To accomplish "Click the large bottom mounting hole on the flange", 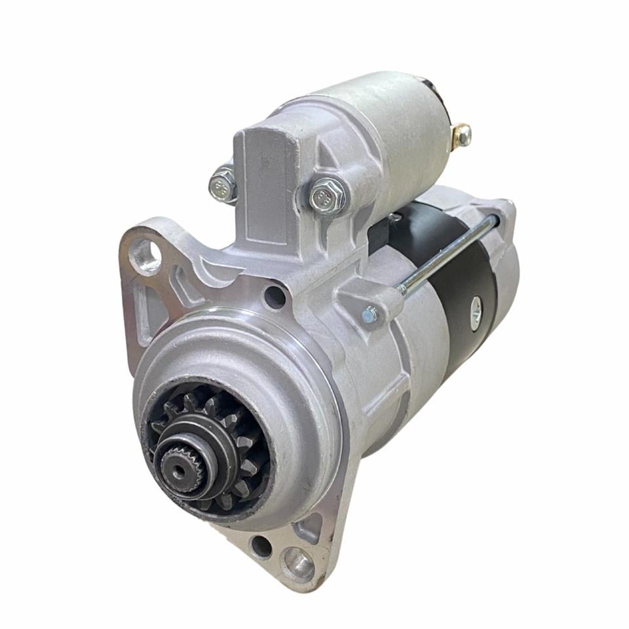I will pyautogui.click(x=298, y=562).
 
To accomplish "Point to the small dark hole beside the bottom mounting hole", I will pyautogui.click(x=261, y=546).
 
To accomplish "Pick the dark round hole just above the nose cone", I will pyautogui.click(x=275, y=297).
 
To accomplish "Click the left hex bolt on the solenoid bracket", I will pyautogui.click(x=223, y=186).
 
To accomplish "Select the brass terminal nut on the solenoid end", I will pyautogui.click(x=462, y=134).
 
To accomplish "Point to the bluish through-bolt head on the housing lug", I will pyautogui.click(x=370, y=316).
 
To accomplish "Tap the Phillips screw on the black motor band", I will pyautogui.click(x=476, y=305).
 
